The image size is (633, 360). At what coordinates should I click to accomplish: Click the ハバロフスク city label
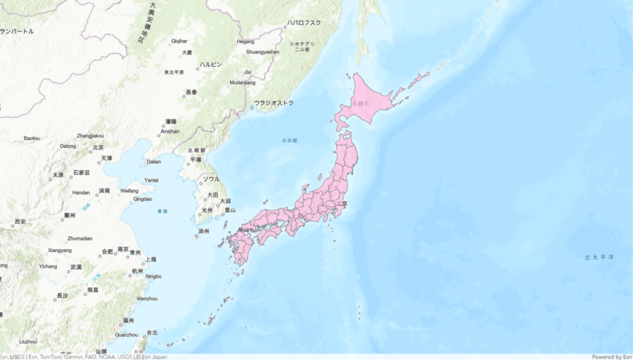tap(304, 23)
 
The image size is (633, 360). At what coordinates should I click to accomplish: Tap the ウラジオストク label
tap(274, 103)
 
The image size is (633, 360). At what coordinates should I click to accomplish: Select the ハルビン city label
tap(211, 64)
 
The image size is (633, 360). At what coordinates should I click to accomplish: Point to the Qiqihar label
tap(179, 41)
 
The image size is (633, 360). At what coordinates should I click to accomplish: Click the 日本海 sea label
tap(290, 140)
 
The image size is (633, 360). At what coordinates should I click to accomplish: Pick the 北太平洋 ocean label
tap(599, 257)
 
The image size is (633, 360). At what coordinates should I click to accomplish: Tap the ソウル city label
tap(211, 179)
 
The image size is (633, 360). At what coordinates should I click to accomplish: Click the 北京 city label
tap(98, 147)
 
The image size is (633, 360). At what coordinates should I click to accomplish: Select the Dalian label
tap(154, 162)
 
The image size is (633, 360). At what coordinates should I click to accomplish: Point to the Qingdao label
tap(143, 199)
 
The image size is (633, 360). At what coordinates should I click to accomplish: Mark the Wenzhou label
tap(146, 299)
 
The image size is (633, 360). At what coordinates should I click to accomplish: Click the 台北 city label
tap(152, 332)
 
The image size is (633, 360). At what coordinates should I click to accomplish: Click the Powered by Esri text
tap(612, 356)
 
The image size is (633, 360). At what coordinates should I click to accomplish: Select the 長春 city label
tap(191, 92)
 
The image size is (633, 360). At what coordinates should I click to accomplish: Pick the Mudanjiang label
tap(243, 83)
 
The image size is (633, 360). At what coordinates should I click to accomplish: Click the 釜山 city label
tap(230, 209)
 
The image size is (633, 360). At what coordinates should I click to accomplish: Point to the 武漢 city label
tap(76, 267)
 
